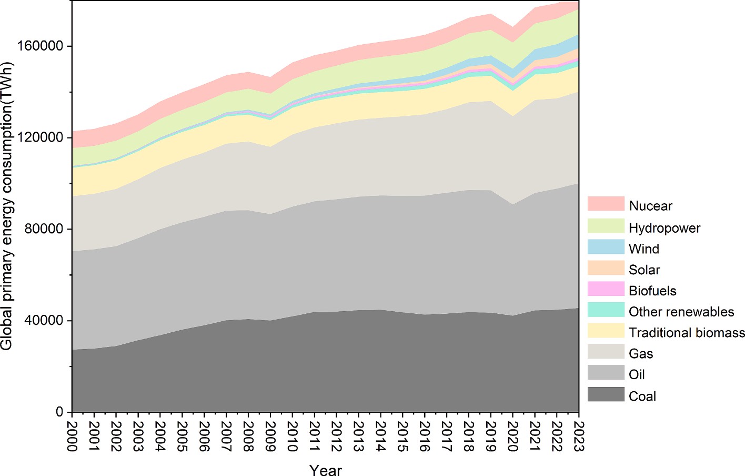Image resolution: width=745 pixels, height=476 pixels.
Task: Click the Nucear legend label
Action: tap(650, 206)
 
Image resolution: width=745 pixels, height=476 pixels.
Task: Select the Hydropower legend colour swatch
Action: tap(606, 226)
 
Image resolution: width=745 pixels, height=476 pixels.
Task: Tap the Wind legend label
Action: tap(643, 249)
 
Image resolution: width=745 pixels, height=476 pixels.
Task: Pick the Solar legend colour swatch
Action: tap(606, 268)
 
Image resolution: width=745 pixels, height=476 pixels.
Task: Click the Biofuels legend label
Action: tap(652, 291)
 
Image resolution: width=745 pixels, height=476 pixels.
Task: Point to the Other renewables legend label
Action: tap(681, 312)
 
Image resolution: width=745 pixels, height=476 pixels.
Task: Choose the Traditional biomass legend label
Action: tap(687, 333)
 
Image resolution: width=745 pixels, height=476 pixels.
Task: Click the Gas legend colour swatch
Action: tap(606, 352)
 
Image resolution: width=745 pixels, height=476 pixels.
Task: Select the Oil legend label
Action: tap(637, 374)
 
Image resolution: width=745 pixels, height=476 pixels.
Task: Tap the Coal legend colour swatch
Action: tap(606, 394)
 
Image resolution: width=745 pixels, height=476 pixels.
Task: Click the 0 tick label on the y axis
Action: tap(59, 412)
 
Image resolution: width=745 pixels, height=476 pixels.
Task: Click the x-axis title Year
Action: tap(325, 470)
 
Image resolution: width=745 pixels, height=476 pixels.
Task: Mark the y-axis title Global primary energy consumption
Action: tap(7, 205)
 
